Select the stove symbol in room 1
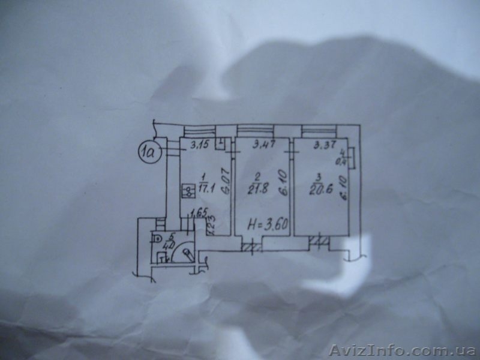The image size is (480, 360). coord(188,191)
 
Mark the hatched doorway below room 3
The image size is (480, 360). coord(319,243)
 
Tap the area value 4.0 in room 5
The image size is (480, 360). coord(170,245)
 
